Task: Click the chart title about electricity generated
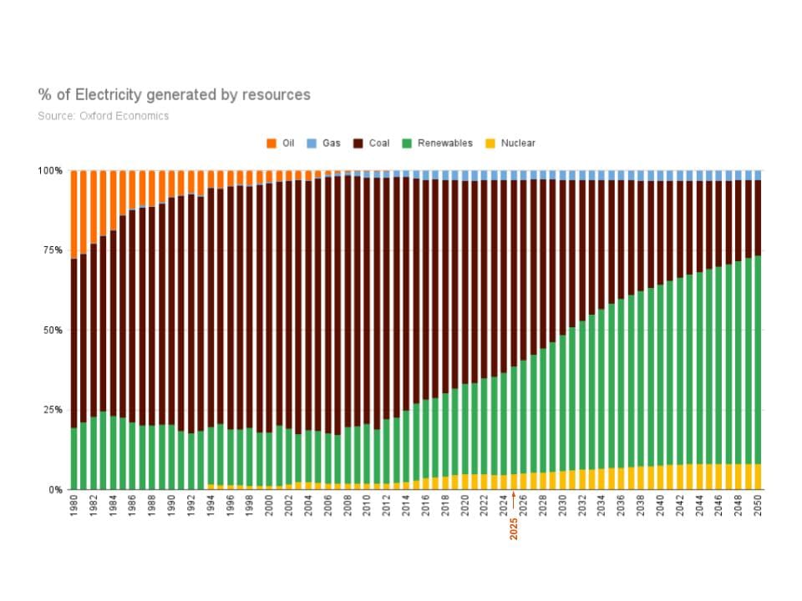point(174,95)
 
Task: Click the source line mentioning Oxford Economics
point(103,116)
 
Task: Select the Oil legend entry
point(281,144)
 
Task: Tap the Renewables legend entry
point(438,144)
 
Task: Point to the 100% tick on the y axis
point(50,171)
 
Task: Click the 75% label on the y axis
point(53,250)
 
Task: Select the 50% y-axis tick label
point(53,331)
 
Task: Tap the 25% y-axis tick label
point(53,410)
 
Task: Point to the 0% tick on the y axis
point(55,490)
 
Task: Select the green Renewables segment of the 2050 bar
point(759,359)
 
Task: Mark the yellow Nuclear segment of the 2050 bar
point(759,477)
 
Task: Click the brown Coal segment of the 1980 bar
point(74,342)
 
